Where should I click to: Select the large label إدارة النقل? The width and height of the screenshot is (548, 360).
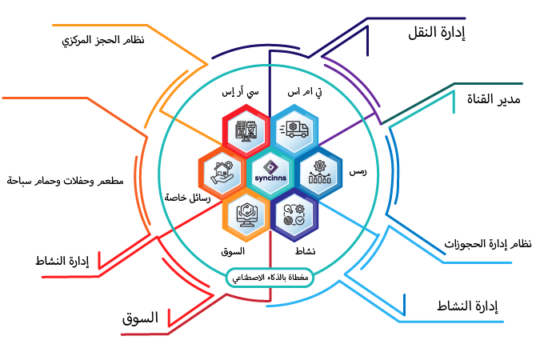pyautogui.click(x=433, y=32)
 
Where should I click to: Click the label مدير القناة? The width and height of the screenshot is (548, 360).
pyautogui.click(x=494, y=99)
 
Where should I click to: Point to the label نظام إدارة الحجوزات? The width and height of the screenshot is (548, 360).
pyautogui.click(x=488, y=243)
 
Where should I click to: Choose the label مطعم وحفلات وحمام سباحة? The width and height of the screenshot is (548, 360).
pyautogui.click(x=65, y=181)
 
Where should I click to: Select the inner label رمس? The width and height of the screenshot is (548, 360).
pyautogui.click(x=358, y=172)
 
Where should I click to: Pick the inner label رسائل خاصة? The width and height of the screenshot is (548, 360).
pyautogui.click(x=187, y=197)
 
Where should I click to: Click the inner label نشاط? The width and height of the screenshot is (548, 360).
pyautogui.click(x=306, y=251)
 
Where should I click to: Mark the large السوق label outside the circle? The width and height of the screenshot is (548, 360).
pyautogui.click(x=140, y=318)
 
